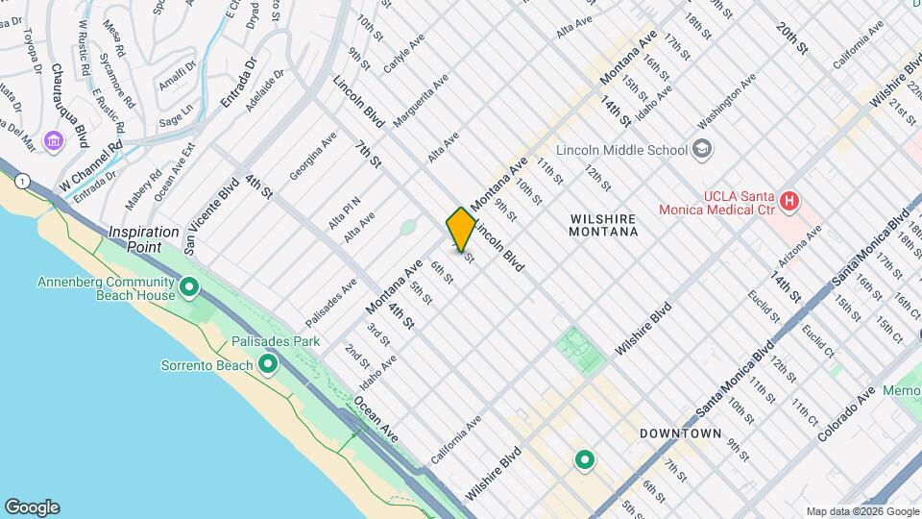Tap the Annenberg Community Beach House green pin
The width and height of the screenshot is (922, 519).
click(x=189, y=285)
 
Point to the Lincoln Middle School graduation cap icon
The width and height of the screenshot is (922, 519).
click(x=704, y=149)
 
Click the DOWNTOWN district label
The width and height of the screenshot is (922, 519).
click(x=680, y=433)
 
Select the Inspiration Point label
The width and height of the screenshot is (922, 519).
click(x=144, y=239)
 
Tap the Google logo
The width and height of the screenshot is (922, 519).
click(x=32, y=507)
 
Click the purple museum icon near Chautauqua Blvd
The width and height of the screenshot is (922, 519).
click(x=53, y=142)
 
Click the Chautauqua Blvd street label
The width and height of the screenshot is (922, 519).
click(x=69, y=107)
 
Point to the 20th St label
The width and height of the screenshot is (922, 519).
click(x=793, y=39)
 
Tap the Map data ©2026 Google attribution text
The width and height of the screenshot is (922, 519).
click(x=861, y=511)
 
